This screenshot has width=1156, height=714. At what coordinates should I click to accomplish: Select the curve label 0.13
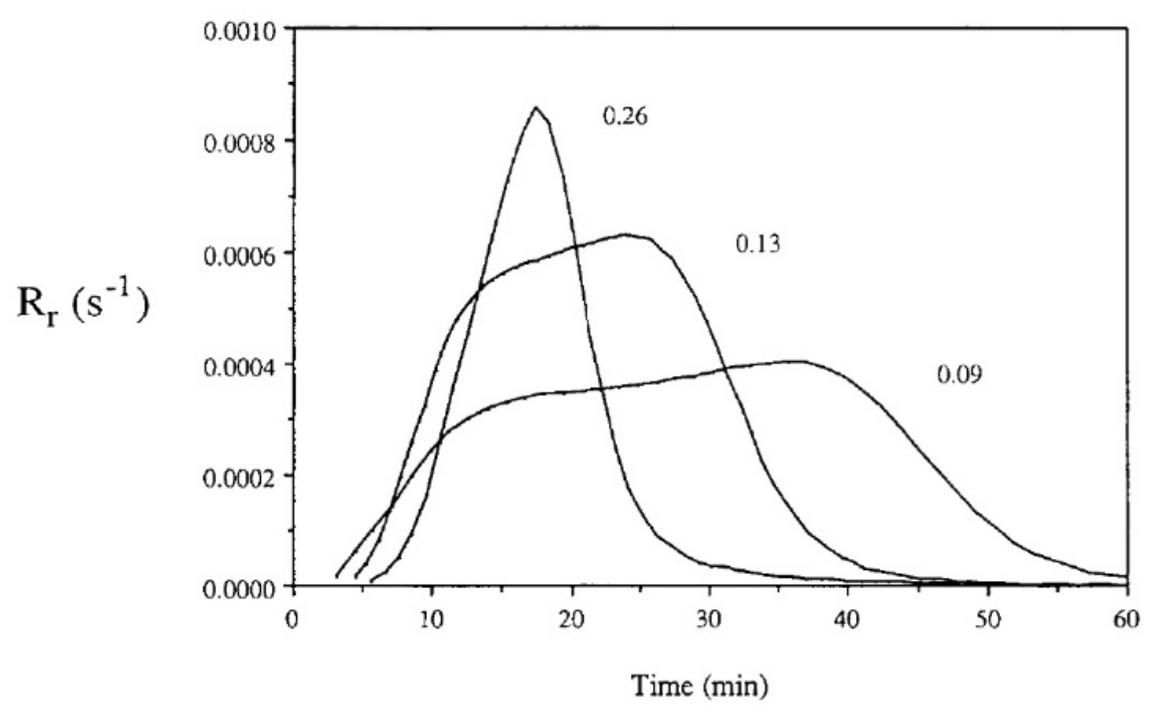(758, 244)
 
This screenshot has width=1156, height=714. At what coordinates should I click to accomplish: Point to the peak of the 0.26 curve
(536, 107)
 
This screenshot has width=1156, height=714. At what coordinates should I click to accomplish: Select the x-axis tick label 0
(293, 620)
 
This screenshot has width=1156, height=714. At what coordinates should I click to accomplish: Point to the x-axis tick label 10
(432, 620)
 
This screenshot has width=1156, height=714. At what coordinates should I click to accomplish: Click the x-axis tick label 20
(572, 620)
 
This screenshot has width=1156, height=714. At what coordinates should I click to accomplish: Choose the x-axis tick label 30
(711, 620)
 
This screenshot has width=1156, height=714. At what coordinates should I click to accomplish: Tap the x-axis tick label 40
(849, 620)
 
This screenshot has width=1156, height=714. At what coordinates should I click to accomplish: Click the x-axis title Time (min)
(699, 686)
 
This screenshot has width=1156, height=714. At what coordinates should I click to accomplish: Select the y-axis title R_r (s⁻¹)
(83, 305)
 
